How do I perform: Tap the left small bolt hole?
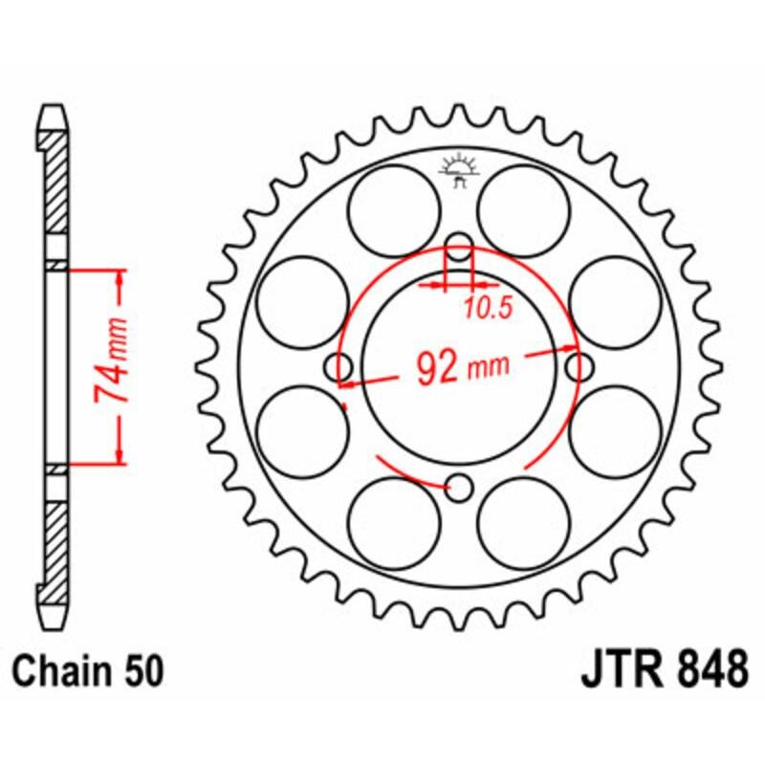[338, 366]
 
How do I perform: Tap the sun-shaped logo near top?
[461, 169]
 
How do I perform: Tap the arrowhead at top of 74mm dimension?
[120, 278]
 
